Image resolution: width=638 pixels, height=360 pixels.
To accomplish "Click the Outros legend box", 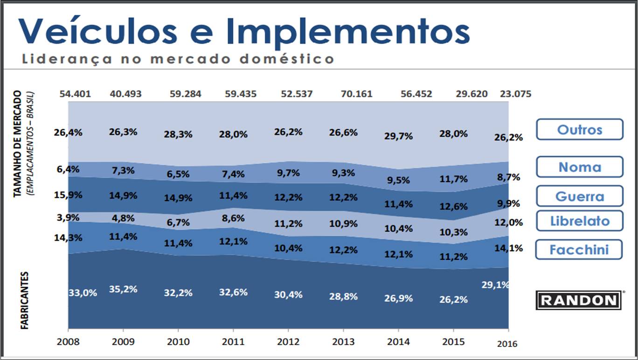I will (579, 130).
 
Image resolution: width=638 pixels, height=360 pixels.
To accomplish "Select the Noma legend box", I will (579, 167).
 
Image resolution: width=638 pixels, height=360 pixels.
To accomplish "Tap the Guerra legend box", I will (579, 196).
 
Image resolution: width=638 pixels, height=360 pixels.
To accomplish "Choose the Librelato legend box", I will (579, 221).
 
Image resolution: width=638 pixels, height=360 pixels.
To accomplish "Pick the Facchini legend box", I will (579, 249).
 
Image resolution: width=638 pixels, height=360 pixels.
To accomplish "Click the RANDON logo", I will (579, 300).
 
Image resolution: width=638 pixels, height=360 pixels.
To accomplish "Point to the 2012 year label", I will (288, 341).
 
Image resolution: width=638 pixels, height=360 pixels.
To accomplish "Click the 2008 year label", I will (68, 341).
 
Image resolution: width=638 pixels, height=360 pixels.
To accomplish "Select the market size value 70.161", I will (356, 94).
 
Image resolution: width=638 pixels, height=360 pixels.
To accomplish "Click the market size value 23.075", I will (515, 94).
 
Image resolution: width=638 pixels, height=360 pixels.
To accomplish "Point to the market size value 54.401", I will (75, 94).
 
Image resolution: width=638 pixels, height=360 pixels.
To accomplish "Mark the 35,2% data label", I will (123, 289).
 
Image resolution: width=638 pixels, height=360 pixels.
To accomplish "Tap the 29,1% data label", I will (495, 284).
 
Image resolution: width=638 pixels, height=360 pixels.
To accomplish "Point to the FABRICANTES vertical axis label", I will (24, 301).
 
